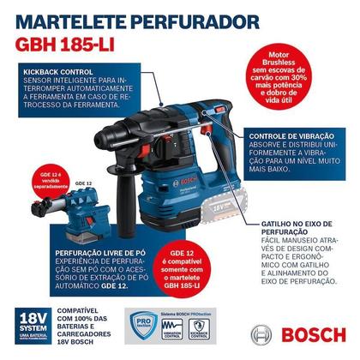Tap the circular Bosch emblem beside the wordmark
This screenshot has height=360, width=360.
coord(264,335)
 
